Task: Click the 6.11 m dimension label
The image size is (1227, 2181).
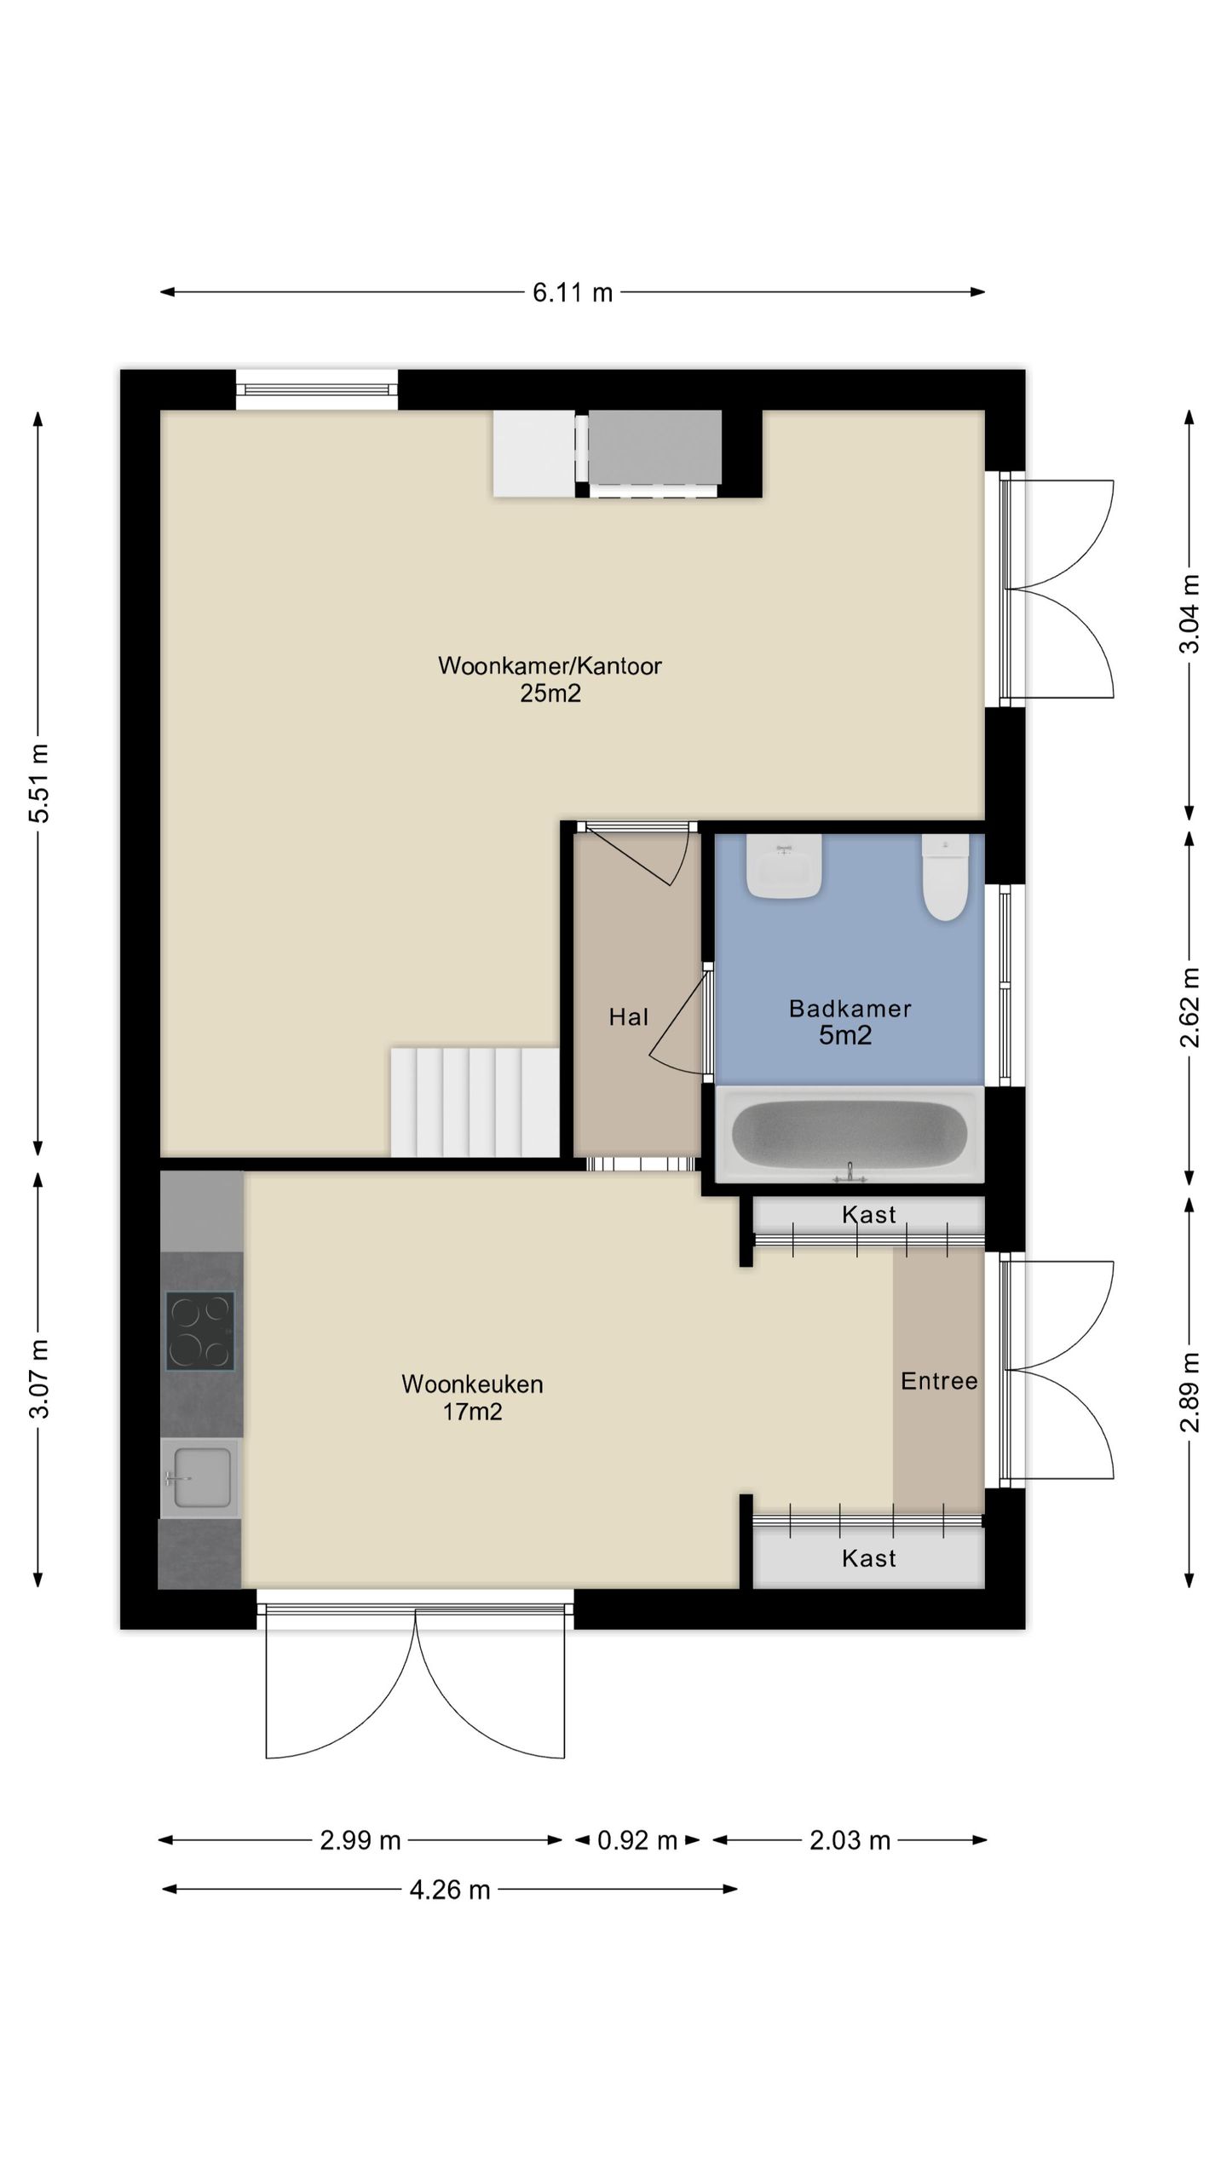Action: (x=573, y=292)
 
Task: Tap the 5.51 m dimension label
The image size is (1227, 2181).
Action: (x=39, y=783)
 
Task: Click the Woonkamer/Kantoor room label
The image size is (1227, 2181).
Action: (x=550, y=665)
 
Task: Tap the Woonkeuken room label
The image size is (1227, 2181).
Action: (x=472, y=1384)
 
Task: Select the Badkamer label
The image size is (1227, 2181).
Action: (x=850, y=1009)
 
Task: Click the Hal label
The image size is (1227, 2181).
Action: (x=629, y=1016)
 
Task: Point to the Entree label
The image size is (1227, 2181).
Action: (x=939, y=1381)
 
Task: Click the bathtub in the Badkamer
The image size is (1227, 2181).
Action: (x=850, y=1135)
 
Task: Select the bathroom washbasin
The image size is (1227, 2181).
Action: (x=784, y=866)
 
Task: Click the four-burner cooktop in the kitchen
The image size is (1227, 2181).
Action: (x=200, y=1331)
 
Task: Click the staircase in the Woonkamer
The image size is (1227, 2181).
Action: (x=475, y=1102)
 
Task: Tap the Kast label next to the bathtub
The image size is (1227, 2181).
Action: (x=869, y=1215)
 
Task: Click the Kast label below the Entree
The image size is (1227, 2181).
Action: (x=869, y=1558)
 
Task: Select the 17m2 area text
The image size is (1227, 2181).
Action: (x=472, y=1412)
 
